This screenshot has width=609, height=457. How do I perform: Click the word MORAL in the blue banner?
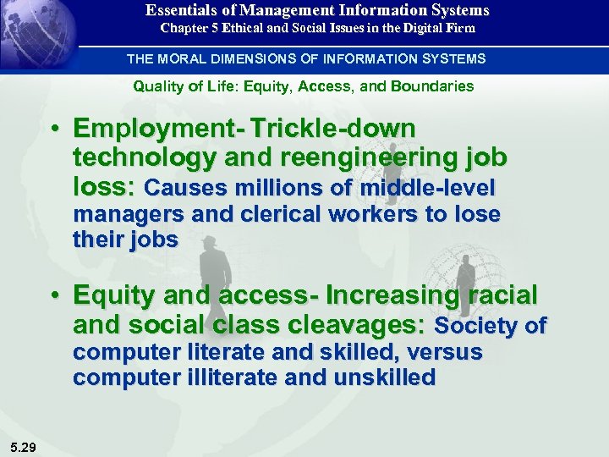pyautogui.click(x=183, y=59)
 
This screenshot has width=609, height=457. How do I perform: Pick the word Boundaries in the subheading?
pyautogui.click(x=432, y=86)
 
